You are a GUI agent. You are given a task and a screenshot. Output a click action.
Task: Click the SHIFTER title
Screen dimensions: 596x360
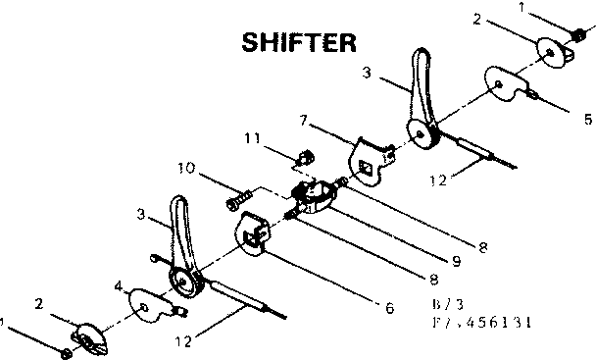click(299, 42)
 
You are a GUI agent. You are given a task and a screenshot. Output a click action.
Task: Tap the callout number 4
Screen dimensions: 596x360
click(118, 286)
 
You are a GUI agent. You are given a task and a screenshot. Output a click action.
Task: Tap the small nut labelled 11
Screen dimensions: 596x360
click(304, 155)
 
